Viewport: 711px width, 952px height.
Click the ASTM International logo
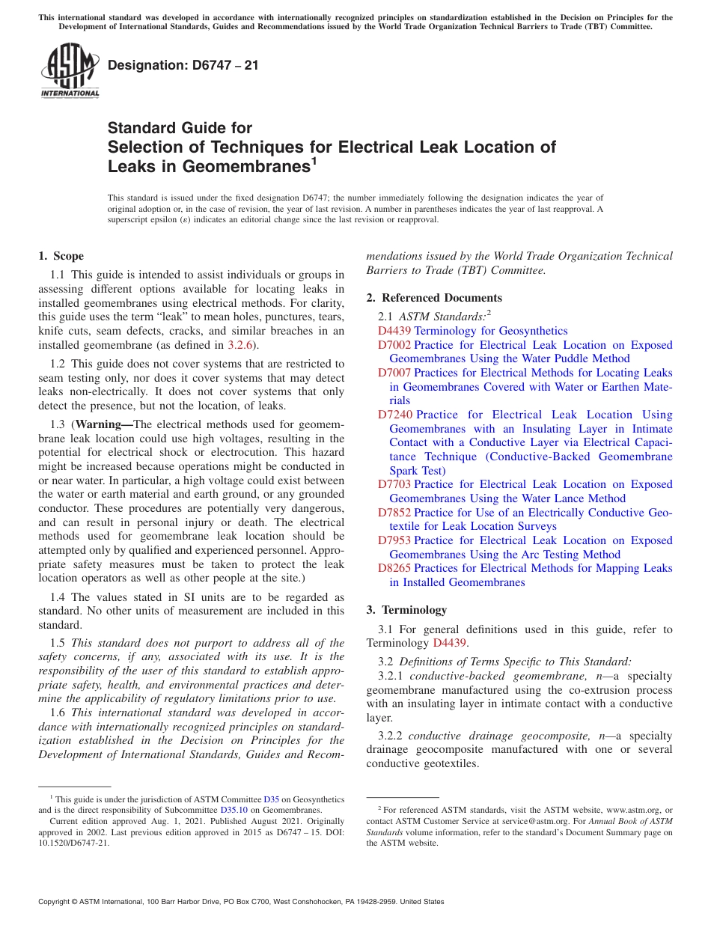pyautogui.click(x=70, y=71)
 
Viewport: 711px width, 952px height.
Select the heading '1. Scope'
pyautogui.click(x=61, y=256)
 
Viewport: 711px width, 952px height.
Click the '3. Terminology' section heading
pyautogui.click(x=406, y=609)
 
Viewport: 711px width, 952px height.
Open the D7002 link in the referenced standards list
pyautogui.click(x=394, y=345)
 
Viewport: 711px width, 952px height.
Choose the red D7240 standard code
pyautogui.click(x=395, y=415)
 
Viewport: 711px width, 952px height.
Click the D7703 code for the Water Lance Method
pyautogui.click(x=394, y=484)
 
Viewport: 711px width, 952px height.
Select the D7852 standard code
pyautogui.click(x=394, y=513)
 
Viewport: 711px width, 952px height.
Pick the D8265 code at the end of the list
pyautogui.click(x=394, y=568)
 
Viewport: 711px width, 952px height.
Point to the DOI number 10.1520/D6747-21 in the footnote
pyautogui.click(x=73, y=842)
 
